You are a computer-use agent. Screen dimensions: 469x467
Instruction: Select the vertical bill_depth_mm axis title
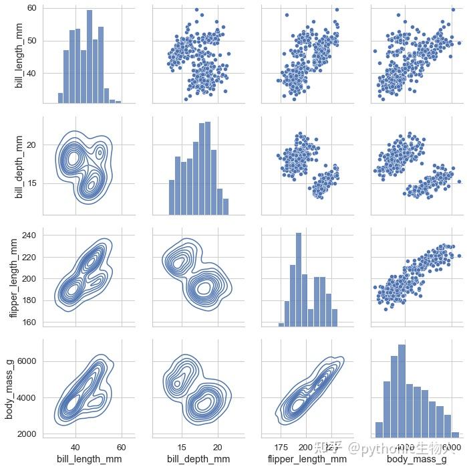(19, 165)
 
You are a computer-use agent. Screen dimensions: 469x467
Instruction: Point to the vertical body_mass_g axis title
(10, 388)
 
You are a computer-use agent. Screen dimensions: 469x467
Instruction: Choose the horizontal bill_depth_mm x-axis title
(198, 459)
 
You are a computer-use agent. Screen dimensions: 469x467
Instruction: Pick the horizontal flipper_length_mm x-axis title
(307, 459)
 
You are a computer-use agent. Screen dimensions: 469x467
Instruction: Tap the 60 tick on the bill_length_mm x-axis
(122, 446)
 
